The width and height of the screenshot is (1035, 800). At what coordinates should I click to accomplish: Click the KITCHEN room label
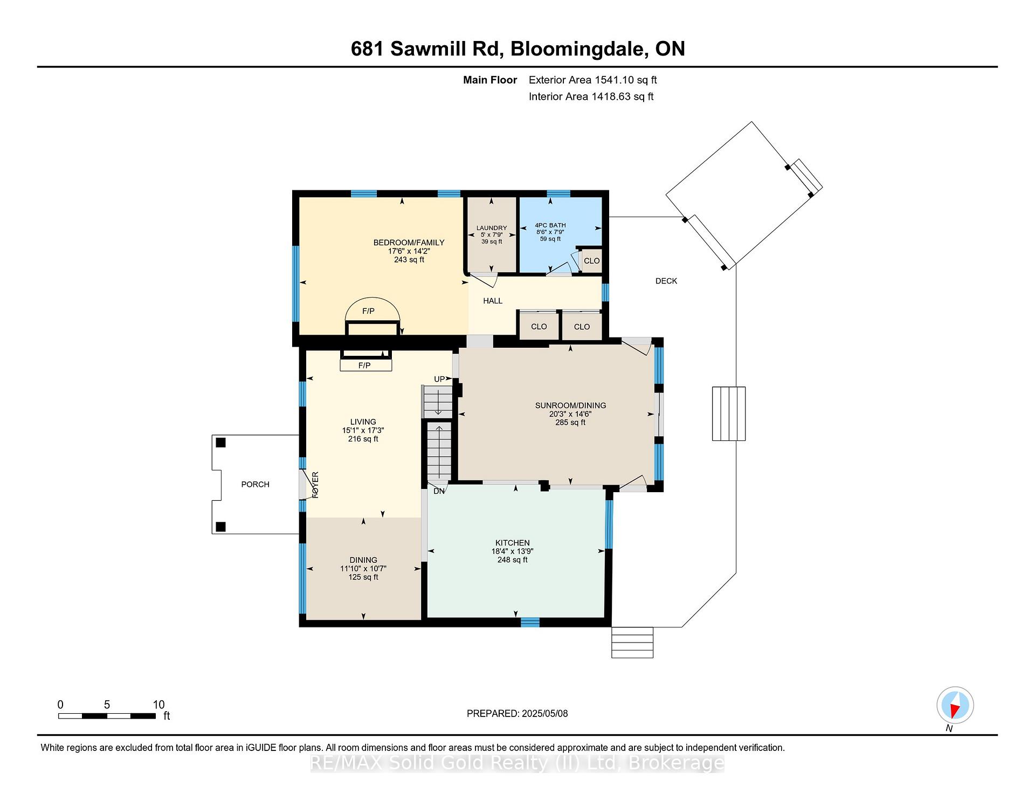(x=512, y=543)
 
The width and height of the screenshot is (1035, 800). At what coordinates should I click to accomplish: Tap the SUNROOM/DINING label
(x=570, y=405)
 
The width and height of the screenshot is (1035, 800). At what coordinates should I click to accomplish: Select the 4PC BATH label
(x=550, y=225)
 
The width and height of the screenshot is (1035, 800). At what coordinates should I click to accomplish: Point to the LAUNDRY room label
(x=492, y=228)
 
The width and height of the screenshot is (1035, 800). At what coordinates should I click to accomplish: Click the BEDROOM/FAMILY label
(x=409, y=243)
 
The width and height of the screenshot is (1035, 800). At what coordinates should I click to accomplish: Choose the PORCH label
(x=255, y=484)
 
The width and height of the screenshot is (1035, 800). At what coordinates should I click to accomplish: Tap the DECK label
(x=666, y=281)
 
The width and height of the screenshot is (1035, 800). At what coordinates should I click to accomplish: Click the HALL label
(x=493, y=301)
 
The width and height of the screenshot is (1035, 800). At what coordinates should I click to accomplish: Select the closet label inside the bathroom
(x=591, y=260)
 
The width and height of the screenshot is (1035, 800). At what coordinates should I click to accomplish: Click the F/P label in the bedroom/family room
(x=368, y=311)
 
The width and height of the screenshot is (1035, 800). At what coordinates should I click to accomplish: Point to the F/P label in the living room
(x=364, y=365)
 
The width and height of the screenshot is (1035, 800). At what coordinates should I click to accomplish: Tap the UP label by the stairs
(x=439, y=379)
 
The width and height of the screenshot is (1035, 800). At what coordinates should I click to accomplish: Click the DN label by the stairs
(x=439, y=491)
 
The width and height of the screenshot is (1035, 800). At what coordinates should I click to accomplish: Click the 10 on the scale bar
(x=158, y=705)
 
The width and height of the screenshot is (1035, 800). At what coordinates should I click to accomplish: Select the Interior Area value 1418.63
(x=611, y=96)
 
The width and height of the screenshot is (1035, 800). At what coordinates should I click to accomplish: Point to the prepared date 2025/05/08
(x=544, y=713)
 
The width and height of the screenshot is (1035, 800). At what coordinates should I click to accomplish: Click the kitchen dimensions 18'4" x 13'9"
(x=512, y=551)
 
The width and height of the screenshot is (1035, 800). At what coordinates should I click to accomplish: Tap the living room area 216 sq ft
(x=363, y=439)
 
